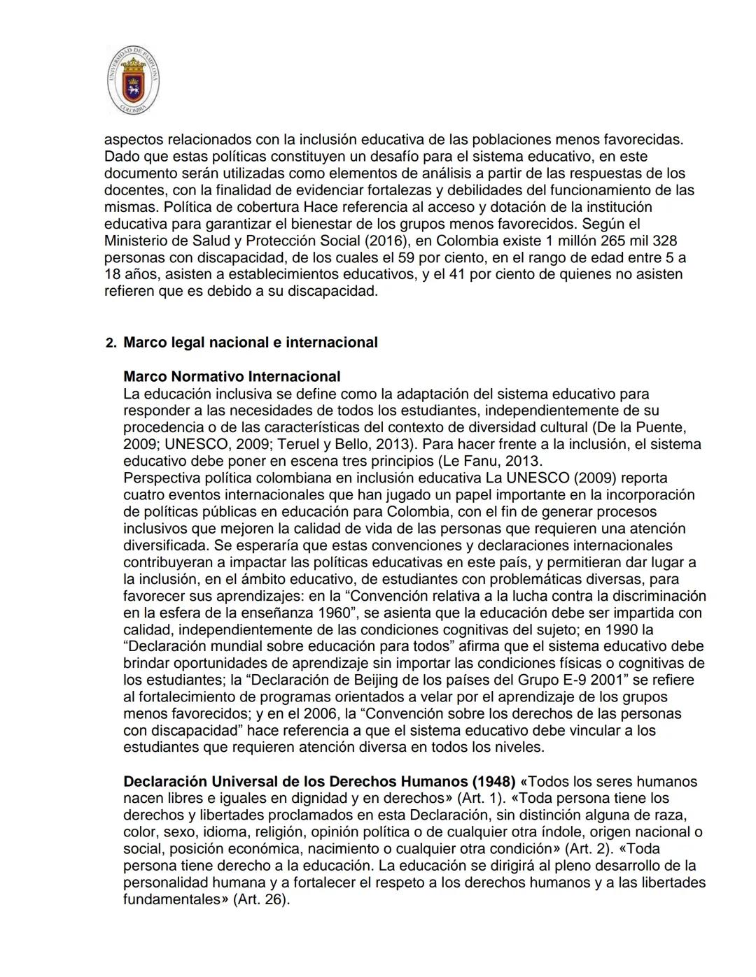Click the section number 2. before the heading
coord(111,343)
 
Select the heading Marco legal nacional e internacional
coord(250,343)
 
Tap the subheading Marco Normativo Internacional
coord(232,377)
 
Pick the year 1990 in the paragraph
coord(618,629)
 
